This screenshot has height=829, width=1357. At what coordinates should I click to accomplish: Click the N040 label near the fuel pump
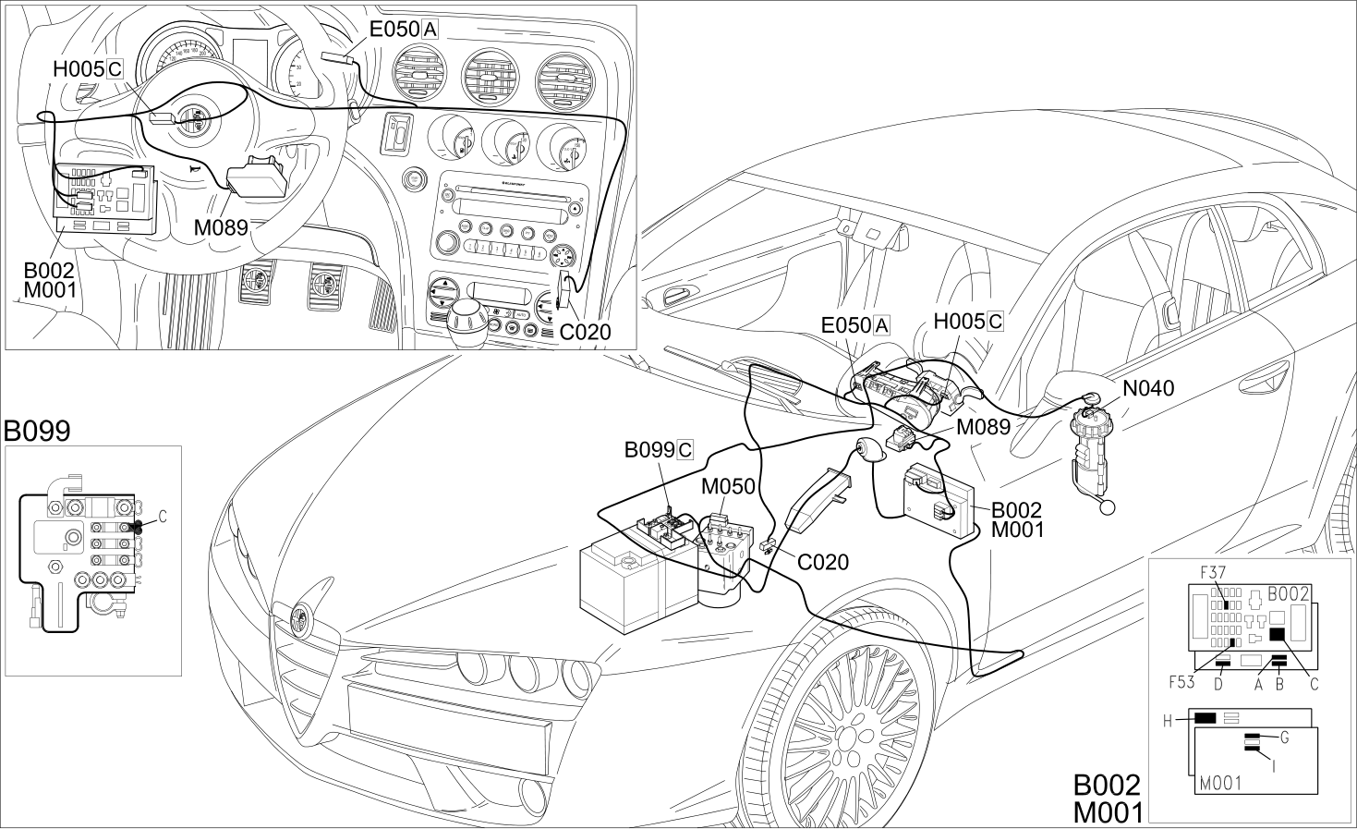(x=1148, y=388)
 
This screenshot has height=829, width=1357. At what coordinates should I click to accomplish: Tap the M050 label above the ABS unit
(x=728, y=486)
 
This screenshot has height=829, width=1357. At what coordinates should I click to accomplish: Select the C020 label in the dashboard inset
(x=585, y=332)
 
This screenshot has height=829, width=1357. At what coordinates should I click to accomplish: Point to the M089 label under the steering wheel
(x=221, y=227)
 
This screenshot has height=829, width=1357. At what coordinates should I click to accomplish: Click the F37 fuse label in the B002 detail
(x=1213, y=572)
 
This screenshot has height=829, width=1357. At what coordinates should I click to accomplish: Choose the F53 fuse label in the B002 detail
(x=1181, y=682)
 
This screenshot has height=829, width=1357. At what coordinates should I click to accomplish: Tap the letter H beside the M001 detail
(x=1168, y=721)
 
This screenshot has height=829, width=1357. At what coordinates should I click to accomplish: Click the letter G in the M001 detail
(x=1284, y=738)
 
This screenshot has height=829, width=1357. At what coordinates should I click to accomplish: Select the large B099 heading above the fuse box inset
(x=37, y=431)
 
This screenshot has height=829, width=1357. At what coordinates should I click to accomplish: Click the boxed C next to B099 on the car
(x=685, y=450)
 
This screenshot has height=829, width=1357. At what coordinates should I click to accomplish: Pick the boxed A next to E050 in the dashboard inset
(x=430, y=29)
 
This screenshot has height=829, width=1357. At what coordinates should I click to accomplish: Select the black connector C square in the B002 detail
(x=1278, y=634)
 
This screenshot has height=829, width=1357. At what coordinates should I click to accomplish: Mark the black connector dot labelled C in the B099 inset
(x=137, y=527)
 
